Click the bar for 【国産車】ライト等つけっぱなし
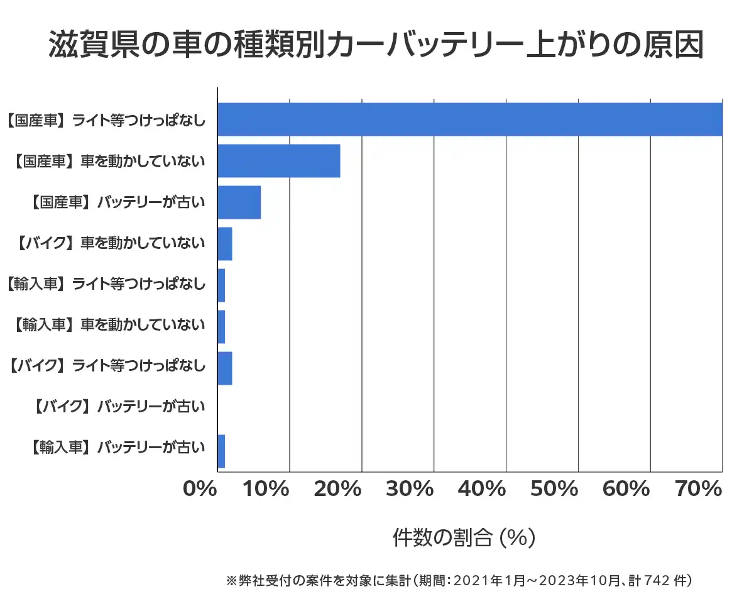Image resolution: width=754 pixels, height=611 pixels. click(469, 119)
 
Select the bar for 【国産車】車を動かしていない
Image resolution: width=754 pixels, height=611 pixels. click(278, 161)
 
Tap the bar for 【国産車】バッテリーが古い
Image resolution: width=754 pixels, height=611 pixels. click(239, 202)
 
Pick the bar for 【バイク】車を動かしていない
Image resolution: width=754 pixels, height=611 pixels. click(224, 244)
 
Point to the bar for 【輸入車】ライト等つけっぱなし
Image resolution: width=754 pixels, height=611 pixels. click(221, 285)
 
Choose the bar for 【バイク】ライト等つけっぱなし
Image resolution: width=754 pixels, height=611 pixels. click(224, 368)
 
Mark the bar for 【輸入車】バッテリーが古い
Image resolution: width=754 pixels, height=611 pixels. click(221, 451)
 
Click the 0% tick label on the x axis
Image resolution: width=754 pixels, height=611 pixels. click(199, 489)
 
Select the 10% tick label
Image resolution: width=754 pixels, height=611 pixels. click(271, 489)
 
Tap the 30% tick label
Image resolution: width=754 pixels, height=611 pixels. click(415, 489)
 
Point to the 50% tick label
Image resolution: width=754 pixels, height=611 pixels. click(560, 489)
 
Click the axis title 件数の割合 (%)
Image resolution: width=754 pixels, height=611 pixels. click(464, 538)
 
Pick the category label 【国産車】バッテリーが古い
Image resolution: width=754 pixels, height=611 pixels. click(118, 202)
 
